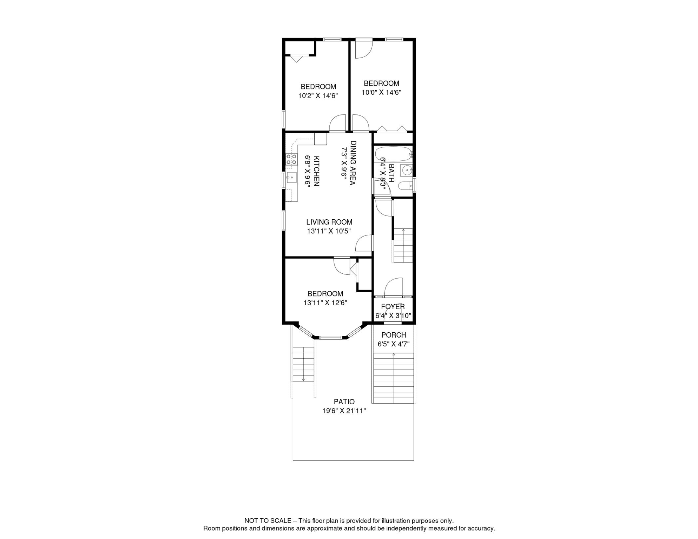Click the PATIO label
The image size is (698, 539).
click(x=344, y=401)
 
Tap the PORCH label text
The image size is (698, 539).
click(x=394, y=335)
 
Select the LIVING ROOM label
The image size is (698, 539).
click(x=329, y=222)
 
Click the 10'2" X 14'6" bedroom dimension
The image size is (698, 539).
click(x=318, y=96)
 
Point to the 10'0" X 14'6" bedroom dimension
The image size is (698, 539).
click(x=381, y=93)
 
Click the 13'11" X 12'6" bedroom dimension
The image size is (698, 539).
click(x=325, y=303)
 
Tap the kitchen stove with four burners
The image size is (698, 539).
click(x=291, y=160)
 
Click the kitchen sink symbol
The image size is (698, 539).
click(x=291, y=178)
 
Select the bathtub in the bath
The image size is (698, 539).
click(x=393, y=154)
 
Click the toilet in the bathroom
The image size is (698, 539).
click(x=406, y=185)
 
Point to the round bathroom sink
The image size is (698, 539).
click(x=407, y=171)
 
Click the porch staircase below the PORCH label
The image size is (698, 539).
click(x=394, y=378)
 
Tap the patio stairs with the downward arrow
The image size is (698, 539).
click(x=303, y=364)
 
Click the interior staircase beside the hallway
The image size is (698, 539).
click(x=403, y=245)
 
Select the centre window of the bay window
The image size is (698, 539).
click(x=330, y=338)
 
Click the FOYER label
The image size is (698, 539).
click(x=393, y=307)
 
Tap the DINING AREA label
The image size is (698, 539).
click(x=353, y=163)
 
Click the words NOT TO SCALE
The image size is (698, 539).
click(x=268, y=521)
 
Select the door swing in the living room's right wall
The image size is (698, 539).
click(x=364, y=244)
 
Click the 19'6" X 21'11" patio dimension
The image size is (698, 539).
click(x=344, y=411)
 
